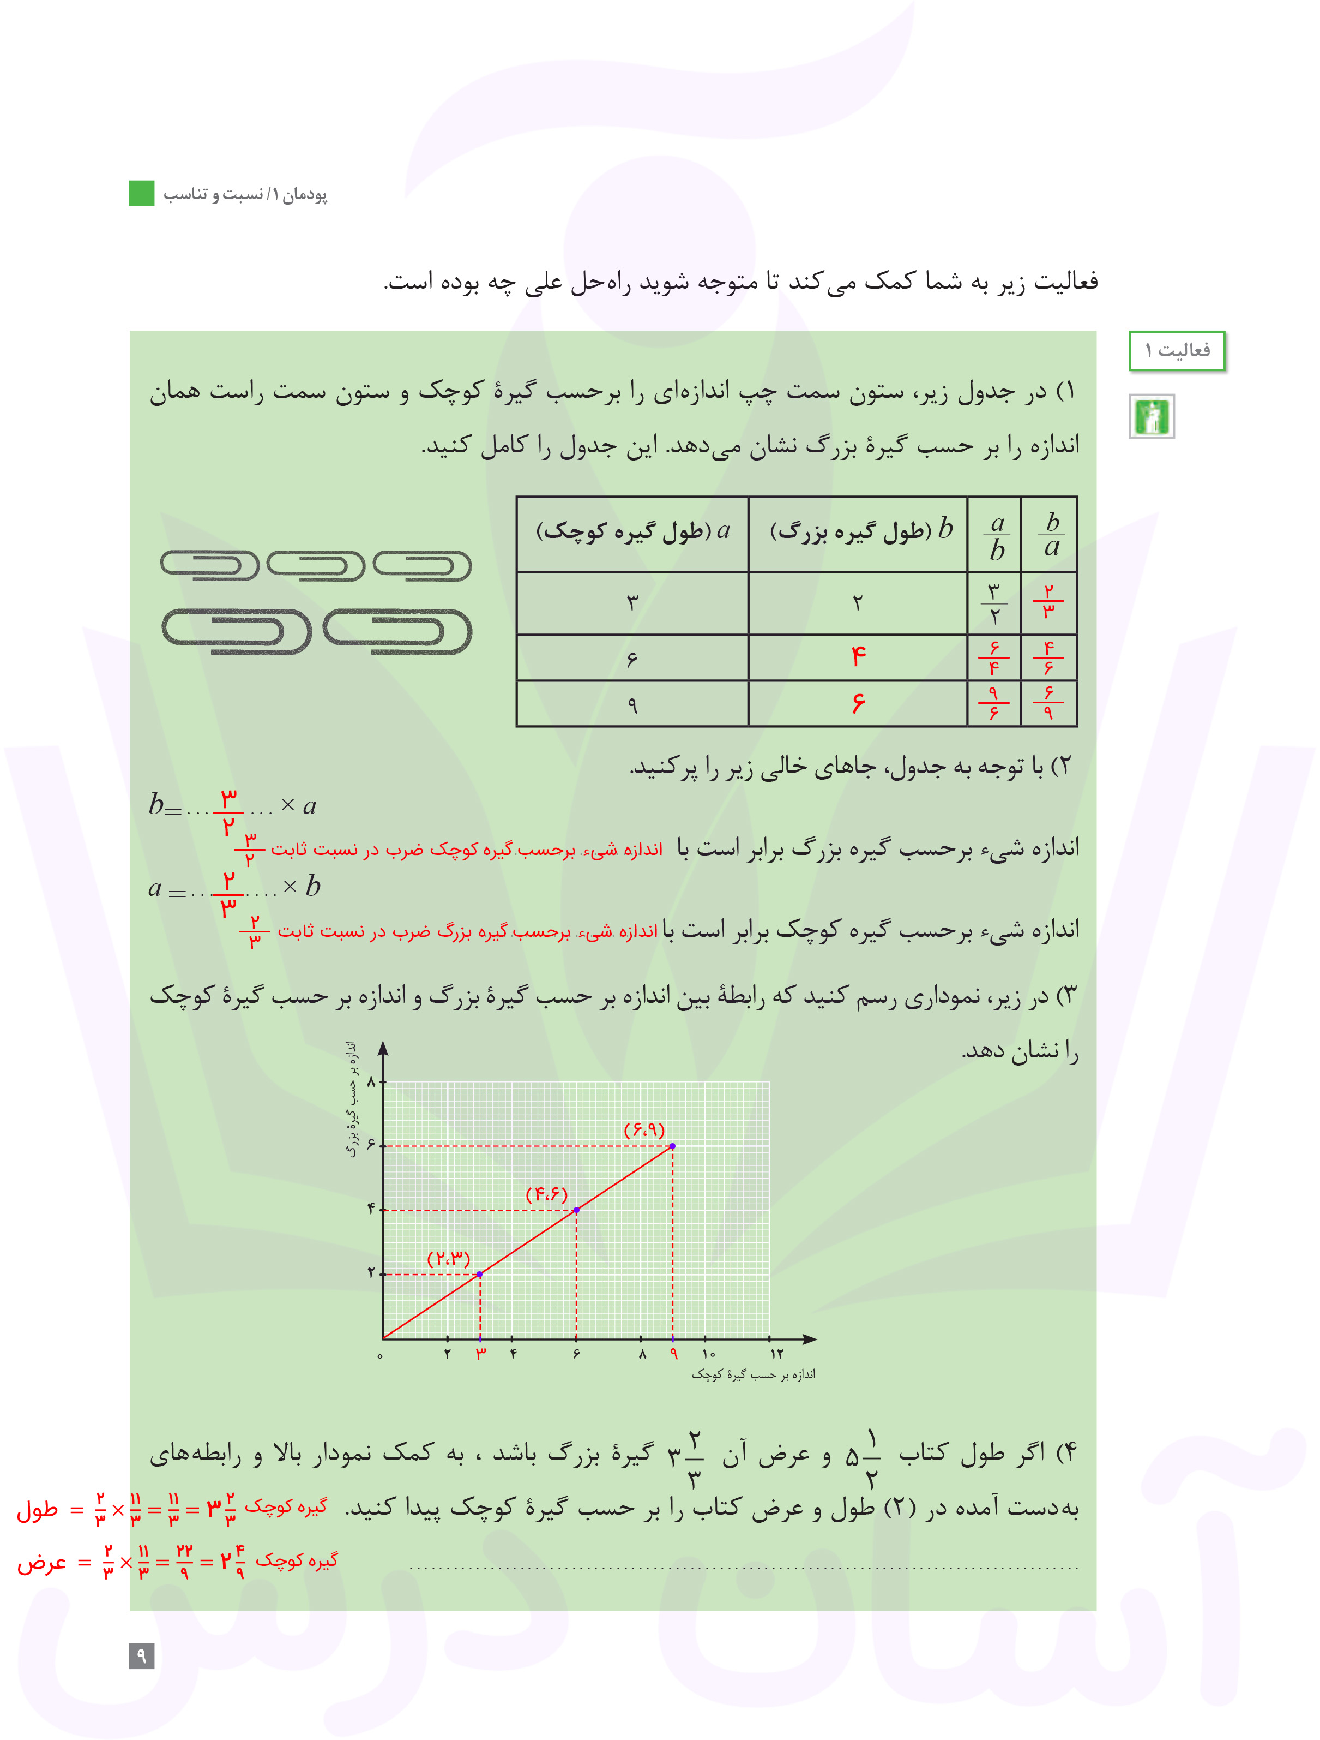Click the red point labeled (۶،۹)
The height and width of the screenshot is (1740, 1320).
(x=672, y=1146)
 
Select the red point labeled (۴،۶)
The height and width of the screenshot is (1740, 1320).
(x=576, y=1210)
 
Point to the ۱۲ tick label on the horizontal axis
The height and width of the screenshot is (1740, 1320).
(x=777, y=1354)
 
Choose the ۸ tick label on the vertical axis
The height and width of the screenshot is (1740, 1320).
(x=372, y=1081)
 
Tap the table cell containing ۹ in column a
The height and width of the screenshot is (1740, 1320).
(x=632, y=704)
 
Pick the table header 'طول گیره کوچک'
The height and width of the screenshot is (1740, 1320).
(x=633, y=532)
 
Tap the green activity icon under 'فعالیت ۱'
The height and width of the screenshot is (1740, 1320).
(x=1152, y=416)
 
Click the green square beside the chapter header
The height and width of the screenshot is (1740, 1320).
(x=142, y=194)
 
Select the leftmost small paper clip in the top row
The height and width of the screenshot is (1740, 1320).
(x=210, y=565)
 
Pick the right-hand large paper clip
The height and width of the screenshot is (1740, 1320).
(x=397, y=631)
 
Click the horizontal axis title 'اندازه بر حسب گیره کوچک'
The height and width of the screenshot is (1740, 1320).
(x=753, y=1374)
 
